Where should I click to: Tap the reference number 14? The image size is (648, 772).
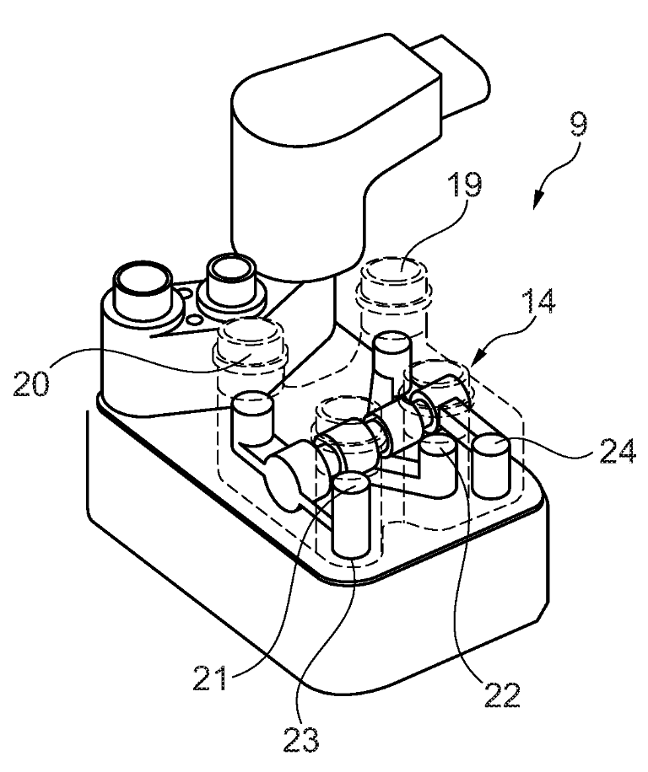[x=538, y=301]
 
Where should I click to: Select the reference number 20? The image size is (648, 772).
[x=31, y=383]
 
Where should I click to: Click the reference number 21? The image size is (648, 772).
[x=211, y=678]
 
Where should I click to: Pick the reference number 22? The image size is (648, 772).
[x=503, y=694]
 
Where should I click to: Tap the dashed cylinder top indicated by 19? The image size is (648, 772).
[x=397, y=271]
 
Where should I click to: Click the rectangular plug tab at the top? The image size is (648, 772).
[x=451, y=74]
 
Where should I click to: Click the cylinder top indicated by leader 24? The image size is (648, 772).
[x=490, y=446]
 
